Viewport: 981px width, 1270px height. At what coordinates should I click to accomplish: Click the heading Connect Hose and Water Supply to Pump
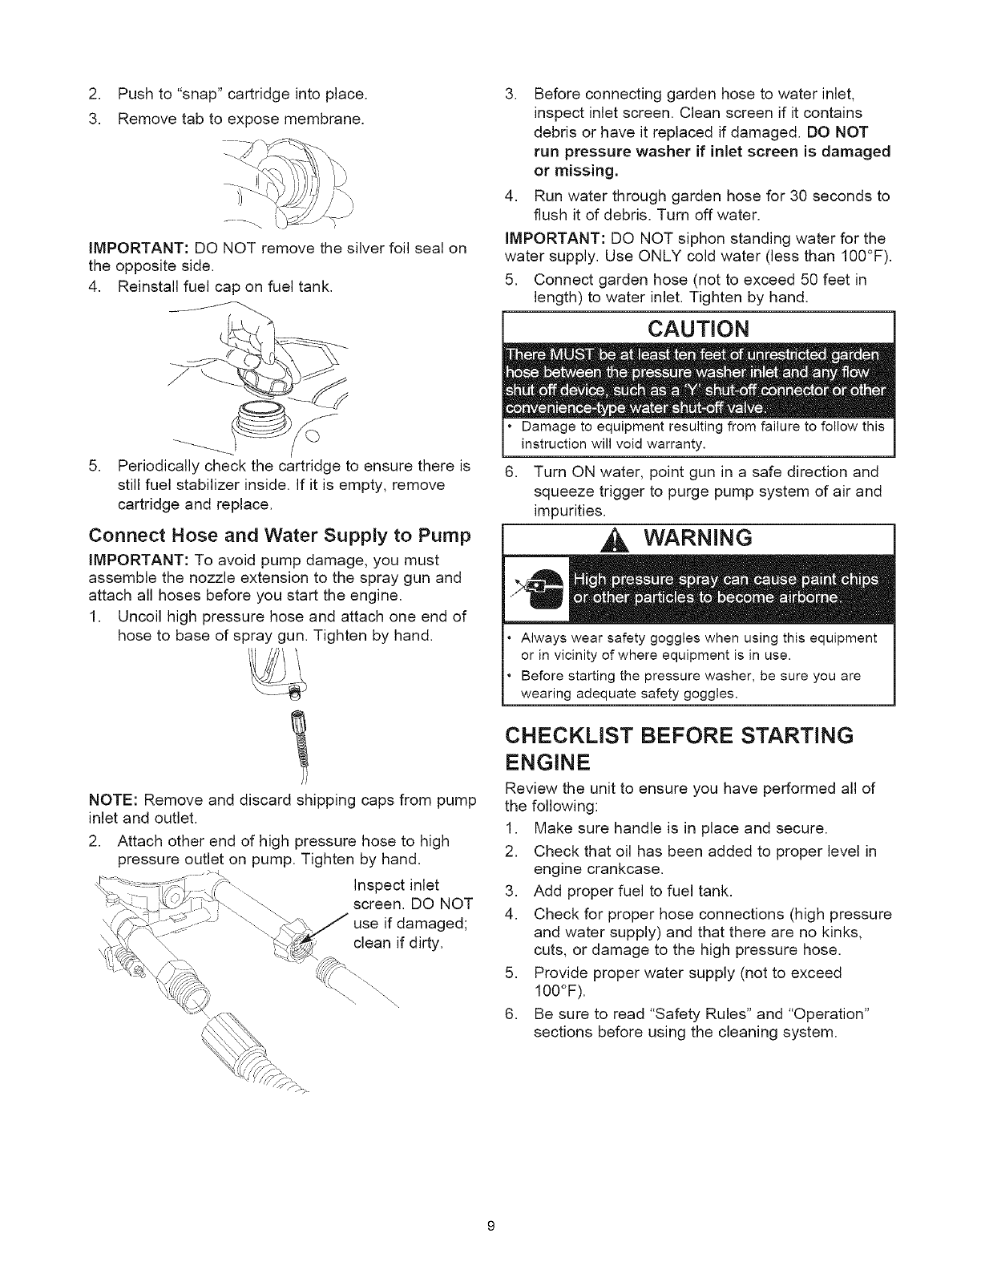280,534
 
